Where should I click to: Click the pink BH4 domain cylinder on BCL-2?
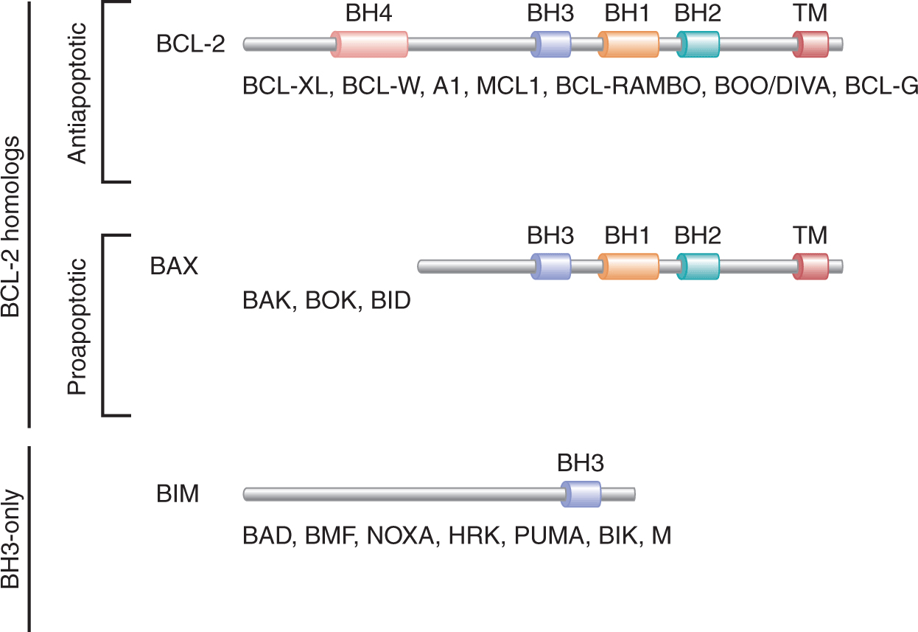(370, 44)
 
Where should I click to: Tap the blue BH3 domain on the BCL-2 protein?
(551, 44)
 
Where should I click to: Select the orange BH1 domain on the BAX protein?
(628, 265)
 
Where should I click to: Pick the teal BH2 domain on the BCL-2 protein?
(698, 44)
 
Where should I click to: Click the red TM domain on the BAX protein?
(810, 265)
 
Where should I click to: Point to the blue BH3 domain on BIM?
(581, 494)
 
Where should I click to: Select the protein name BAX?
(174, 265)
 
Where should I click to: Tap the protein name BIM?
(178, 493)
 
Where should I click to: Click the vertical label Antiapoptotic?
(77, 92)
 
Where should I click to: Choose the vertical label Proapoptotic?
(77, 326)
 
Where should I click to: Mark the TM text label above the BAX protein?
(810, 235)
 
